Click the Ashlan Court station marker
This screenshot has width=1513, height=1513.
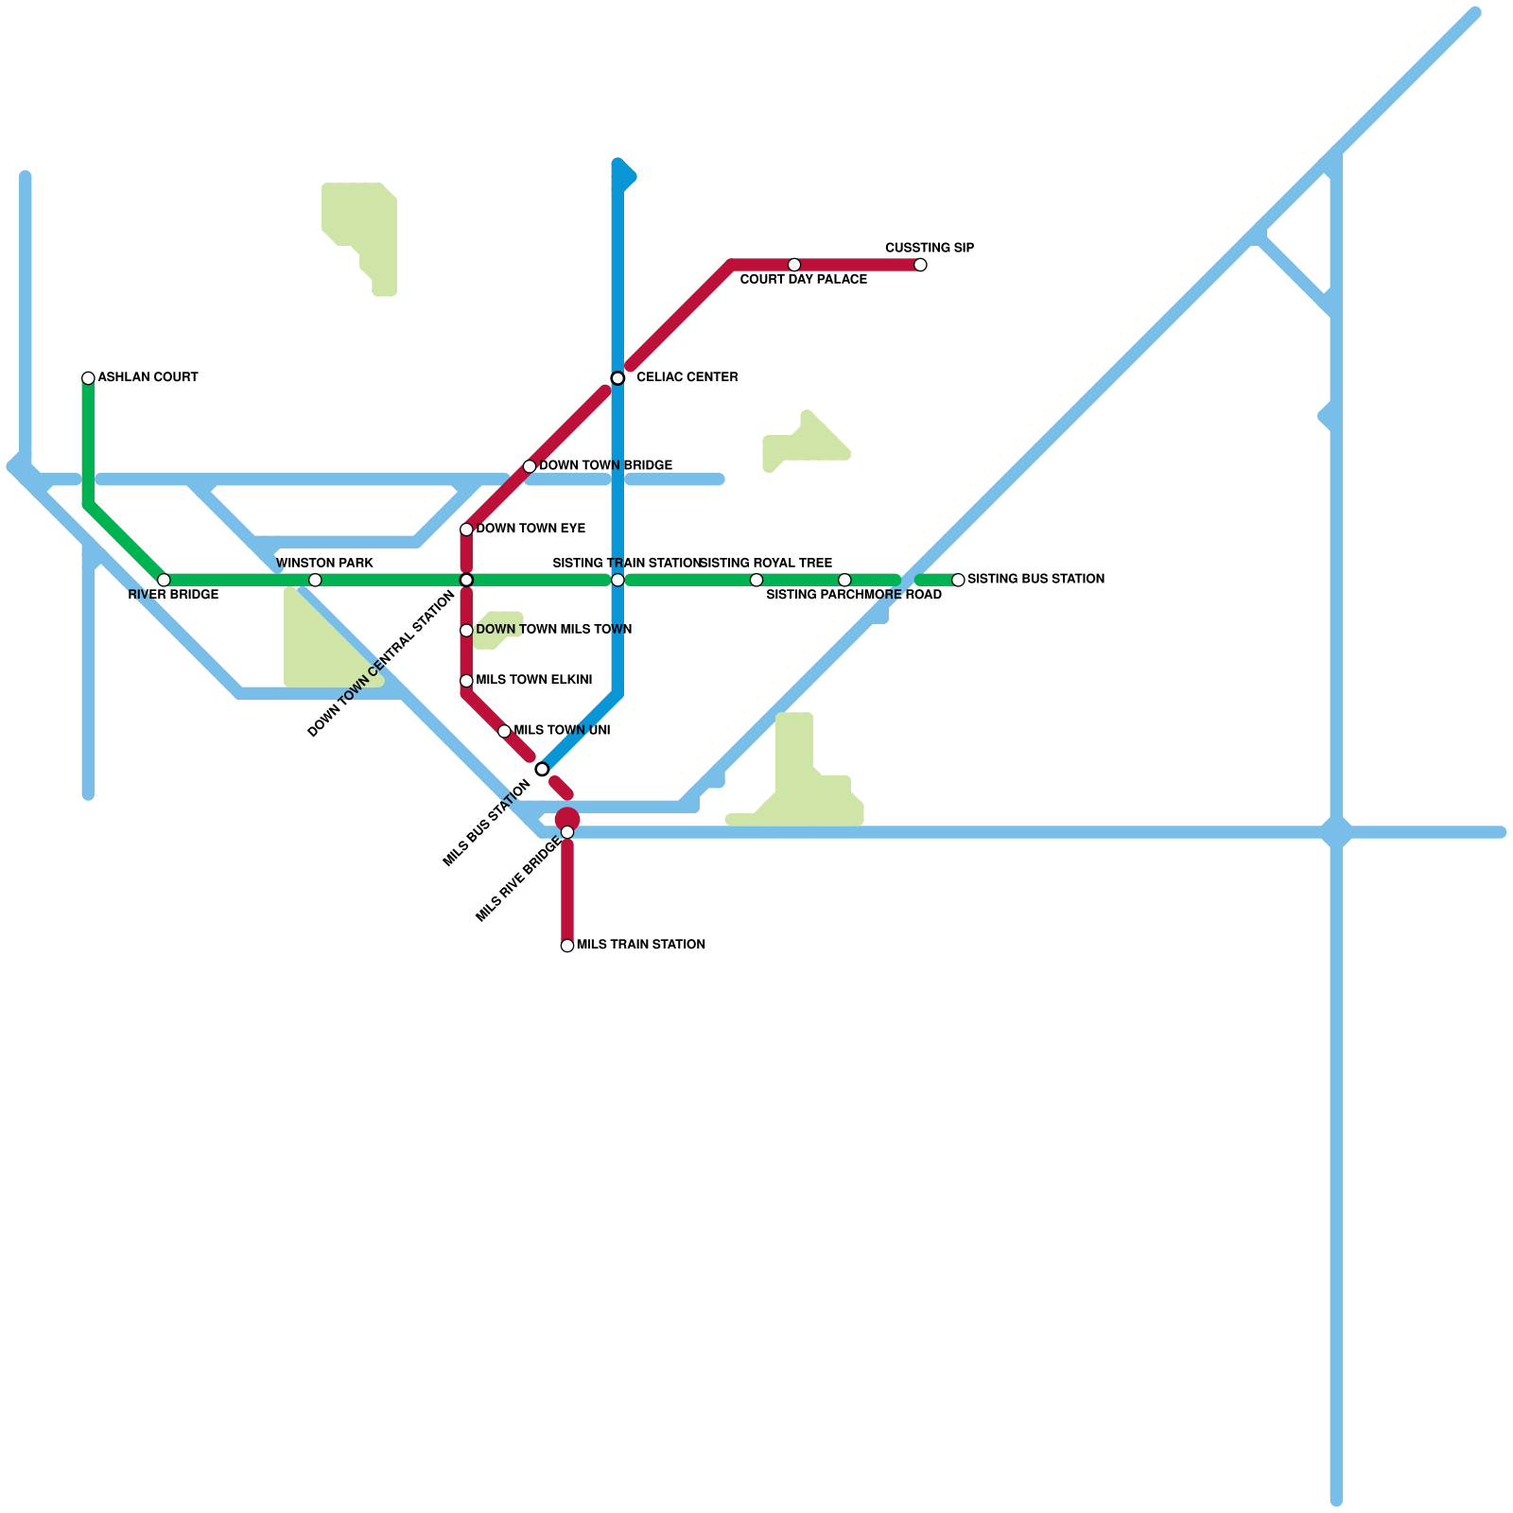click(x=88, y=378)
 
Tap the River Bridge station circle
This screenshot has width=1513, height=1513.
click(x=164, y=580)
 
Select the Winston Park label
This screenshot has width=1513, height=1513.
click(x=324, y=564)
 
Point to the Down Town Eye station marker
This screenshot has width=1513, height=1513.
click(x=466, y=530)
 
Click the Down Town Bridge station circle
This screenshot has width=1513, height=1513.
click(x=530, y=466)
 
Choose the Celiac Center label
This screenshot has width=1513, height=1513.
click(x=687, y=378)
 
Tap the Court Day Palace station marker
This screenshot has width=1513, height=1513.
click(x=794, y=265)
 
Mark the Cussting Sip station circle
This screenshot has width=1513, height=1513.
click(x=920, y=265)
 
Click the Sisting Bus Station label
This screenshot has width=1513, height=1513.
click(x=1035, y=579)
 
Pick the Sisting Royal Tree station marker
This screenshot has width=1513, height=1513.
click(x=756, y=580)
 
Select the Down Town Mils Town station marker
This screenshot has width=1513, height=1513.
click(x=466, y=631)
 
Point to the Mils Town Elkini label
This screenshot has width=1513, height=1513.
click(x=533, y=680)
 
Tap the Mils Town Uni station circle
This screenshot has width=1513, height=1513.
click(x=504, y=731)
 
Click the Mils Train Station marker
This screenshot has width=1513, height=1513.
click(x=567, y=946)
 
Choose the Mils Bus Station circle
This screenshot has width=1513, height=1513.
click(x=542, y=769)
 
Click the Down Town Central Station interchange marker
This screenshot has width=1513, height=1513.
click(x=466, y=580)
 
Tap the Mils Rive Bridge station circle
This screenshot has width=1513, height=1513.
click(x=567, y=832)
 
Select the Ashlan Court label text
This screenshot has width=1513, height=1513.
click(x=148, y=377)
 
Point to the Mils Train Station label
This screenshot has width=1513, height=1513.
click(x=640, y=945)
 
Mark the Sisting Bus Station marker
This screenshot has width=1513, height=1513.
click(x=958, y=580)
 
